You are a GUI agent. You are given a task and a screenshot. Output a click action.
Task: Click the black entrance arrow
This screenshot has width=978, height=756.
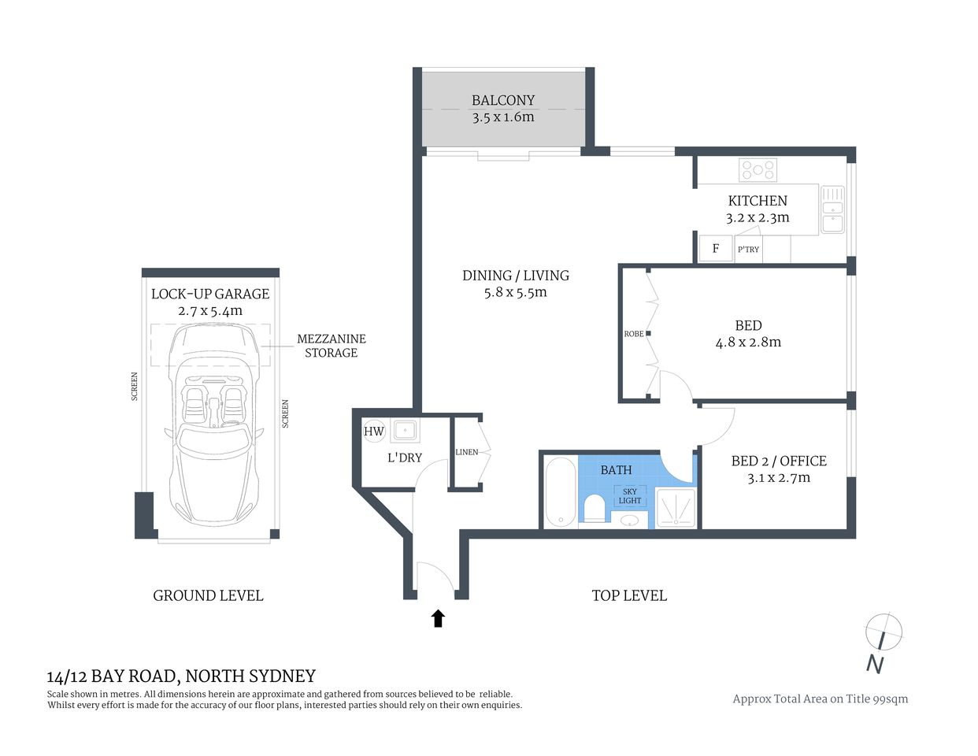click(439, 618)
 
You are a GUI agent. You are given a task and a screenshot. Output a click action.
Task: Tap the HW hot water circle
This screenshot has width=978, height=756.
click(373, 432)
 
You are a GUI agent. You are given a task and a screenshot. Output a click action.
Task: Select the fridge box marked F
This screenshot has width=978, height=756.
click(715, 249)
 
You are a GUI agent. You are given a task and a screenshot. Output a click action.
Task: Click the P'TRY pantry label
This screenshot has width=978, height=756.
click(748, 250)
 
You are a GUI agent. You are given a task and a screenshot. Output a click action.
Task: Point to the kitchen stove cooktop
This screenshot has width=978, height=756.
click(758, 170)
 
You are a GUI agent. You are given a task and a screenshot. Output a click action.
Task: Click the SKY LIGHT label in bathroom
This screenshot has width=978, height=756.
click(630, 495)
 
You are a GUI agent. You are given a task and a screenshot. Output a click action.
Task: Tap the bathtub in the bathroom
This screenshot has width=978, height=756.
click(560, 493)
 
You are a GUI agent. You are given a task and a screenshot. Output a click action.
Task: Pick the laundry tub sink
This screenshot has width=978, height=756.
click(406, 431)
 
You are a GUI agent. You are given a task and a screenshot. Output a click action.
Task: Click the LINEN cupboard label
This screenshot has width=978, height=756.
click(466, 452)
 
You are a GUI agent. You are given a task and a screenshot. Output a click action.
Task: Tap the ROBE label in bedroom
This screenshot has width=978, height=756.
click(633, 334)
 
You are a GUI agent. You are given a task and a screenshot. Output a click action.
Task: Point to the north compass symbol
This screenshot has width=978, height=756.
click(883, 632)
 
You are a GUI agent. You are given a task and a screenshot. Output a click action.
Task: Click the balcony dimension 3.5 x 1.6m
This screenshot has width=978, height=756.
click(503, 117)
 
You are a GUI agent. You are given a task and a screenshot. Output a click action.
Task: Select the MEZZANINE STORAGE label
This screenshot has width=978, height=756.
click(331, 346)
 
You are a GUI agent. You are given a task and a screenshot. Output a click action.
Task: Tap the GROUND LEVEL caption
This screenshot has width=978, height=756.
click(208, 596)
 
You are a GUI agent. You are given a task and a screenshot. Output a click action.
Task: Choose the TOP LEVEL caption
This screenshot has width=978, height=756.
click(628, 596)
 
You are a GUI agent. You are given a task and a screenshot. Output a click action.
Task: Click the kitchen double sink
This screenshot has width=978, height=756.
click(832, 209)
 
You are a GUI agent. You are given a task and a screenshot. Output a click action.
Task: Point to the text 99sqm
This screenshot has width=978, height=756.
click(890, 699)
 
